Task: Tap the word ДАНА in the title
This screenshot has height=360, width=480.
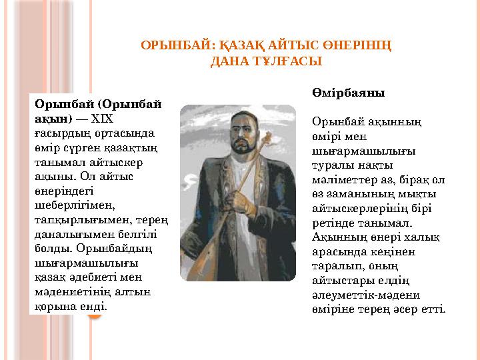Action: pos(228,61)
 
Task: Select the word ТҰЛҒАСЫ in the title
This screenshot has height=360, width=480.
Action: pos(285,61)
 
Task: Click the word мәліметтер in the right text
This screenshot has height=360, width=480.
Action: pos(344,179)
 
